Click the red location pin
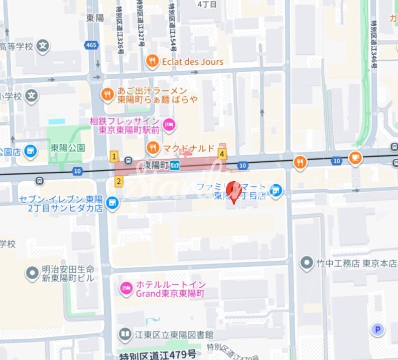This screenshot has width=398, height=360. [233, 191]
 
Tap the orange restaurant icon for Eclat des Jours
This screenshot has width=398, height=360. [152, 62]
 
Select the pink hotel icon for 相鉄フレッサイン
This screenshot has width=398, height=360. [169, 124]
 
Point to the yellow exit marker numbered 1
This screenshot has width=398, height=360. [114, 157]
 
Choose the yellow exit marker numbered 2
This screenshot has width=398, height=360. [118, 181]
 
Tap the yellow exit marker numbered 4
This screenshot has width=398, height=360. [222, 154]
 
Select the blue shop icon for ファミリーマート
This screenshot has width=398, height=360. [275, 190]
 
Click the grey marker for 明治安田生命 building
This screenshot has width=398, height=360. [32, 274]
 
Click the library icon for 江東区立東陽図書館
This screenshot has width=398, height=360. [125, 334]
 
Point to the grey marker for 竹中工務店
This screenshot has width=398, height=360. [306, 263]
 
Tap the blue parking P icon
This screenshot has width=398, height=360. [377, 329]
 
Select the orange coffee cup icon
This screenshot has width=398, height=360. [355, 157]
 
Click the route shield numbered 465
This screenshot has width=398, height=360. [91, 46]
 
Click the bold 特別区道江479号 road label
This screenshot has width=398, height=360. [158, 355]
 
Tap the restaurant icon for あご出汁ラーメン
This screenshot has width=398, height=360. [107, 94]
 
